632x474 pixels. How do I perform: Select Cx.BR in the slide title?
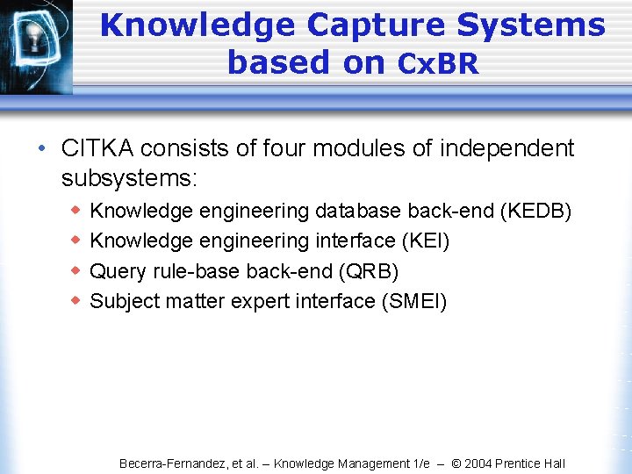tap(438, 63)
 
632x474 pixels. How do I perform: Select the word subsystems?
tap(130, 178)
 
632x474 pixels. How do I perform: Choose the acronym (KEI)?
tap(427, 241)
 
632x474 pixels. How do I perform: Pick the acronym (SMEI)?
tap(413, 301)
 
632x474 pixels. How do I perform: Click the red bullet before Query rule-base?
tap(75, 270)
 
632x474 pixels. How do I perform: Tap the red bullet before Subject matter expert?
tap(75, 300)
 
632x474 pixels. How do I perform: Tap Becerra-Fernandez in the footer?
tap(171, 463)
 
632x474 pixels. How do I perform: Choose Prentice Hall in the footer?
tap(533, 463)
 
